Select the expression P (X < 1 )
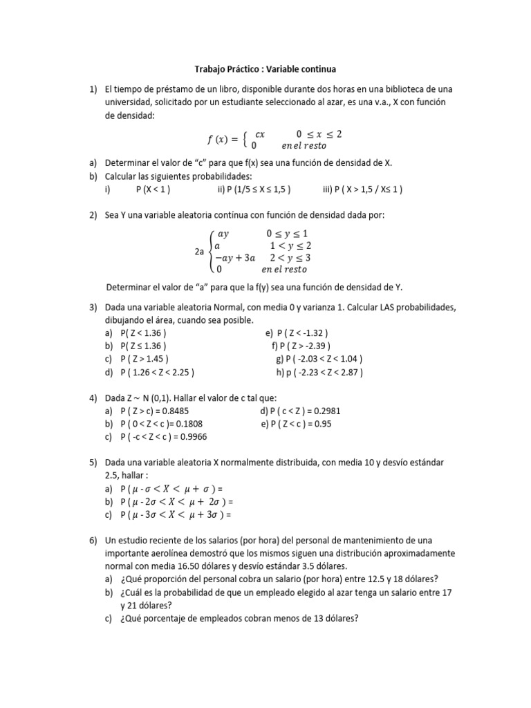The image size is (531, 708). click(153, 189)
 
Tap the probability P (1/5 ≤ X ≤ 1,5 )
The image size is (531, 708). click(253, 189)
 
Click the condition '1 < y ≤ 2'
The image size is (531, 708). click(290, 245)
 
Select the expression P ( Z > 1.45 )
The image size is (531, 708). click(145, 358)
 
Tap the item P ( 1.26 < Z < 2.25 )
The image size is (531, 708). click(157, 372)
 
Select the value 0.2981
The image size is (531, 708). click(324, 411)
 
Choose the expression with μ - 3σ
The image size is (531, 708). click(175, 514)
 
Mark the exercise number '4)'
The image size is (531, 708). click(93, 398)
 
